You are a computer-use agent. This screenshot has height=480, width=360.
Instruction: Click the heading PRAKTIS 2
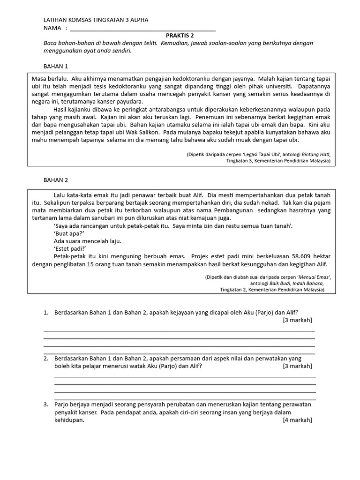pyautogui.click(x=180, y=35)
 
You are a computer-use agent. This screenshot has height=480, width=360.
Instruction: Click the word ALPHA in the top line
pyautogui.click(x=137, y=20)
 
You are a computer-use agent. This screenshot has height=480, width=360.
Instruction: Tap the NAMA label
pyautogui.click(x=52, y=28)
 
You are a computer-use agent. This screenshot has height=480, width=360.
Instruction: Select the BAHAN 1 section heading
pyautogui.click(x=56, y=66)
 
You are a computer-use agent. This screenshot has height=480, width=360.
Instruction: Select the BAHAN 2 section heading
pyautogui.click(x=56, y=180)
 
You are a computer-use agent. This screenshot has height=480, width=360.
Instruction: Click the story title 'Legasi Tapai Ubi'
pyautogui.click(x=260, y=154)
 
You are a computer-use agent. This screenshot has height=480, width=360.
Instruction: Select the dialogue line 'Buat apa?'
pyautogui.click(x=69, y=233)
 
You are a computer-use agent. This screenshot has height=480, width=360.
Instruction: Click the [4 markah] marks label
pyautogui.click(x=297, y=420)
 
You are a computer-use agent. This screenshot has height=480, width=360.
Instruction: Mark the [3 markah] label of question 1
pyautogui.click(x=297, y=320)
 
